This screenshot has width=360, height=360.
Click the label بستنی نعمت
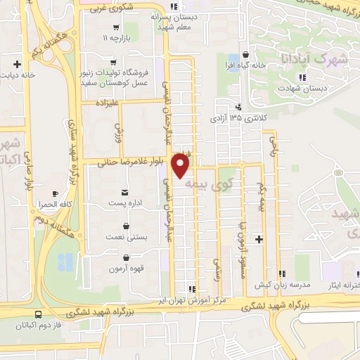click(126, 238)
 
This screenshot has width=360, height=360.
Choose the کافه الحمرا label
click(52, 203)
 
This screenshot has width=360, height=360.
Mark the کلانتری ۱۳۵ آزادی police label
click(236, 118)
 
